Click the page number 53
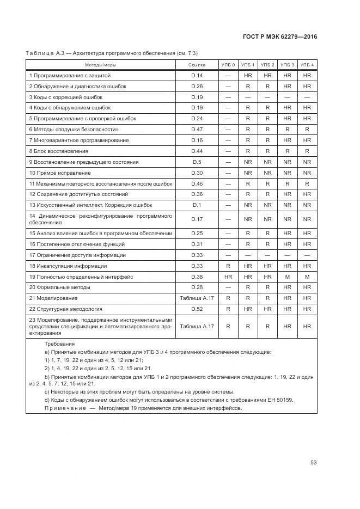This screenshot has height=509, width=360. pyautogui.click(x=314, y=463)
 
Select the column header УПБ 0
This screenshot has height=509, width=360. pyautogui.click(x=228, y=65)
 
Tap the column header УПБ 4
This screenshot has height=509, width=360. pyautogui.click(x=307, y=65)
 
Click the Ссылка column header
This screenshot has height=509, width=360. pyautogui.click(x=197, y=65)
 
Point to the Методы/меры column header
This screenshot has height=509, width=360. pyautogui.click(x=101, y=65)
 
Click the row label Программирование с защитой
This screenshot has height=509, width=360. pyautogui.click(x=70, y=75)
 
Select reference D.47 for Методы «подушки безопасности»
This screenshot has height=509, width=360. pyautogui.click(x=197, y=130)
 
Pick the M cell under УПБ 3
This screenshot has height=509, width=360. pyautogui.click(x=288, y=277)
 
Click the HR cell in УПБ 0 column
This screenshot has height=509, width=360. pyautogui.click(x=228, y=277)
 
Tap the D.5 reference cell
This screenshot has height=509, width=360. pyautogui.click(x=197, y=162)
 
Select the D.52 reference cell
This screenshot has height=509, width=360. pyautogui.click(x=197, y=309)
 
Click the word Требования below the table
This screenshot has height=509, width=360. pyautogui.click(x=60, y=344)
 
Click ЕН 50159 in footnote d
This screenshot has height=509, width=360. pyautogui.click(x=283, y=400)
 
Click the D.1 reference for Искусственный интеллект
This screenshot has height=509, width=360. pyautogui.click(x=197, y=205)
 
